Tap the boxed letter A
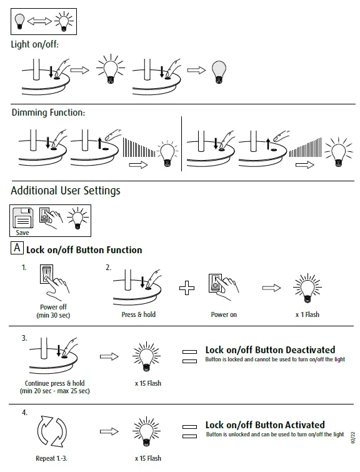[17, 248]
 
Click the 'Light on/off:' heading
[34, 44]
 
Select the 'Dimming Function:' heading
[48, 113]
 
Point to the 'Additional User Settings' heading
[66, 191]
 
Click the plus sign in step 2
[187, 288]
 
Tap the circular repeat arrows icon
[52, 431]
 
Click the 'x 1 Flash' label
[307, 314]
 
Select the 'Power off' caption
[53, 307]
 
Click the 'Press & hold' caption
[139, 314]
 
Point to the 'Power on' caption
[224, 314]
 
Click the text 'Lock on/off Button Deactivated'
[270, 350]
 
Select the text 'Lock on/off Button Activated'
[265, 424]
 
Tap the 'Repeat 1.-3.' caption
[51, 458]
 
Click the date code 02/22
[352, 438]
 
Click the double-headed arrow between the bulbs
[39, 21]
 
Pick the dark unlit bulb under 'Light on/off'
[219, 72]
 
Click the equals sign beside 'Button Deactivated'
[189, 356]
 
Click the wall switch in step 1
[47, 274]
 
